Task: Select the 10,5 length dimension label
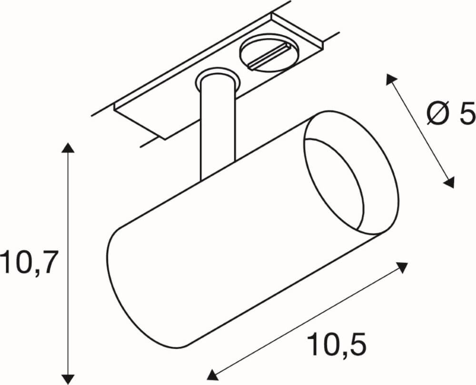[337, 345]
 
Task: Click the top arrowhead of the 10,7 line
[69, 147]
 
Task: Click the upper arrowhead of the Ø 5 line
[391, 79]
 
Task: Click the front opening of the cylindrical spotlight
[351, 173]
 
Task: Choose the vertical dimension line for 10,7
[69, 214]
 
